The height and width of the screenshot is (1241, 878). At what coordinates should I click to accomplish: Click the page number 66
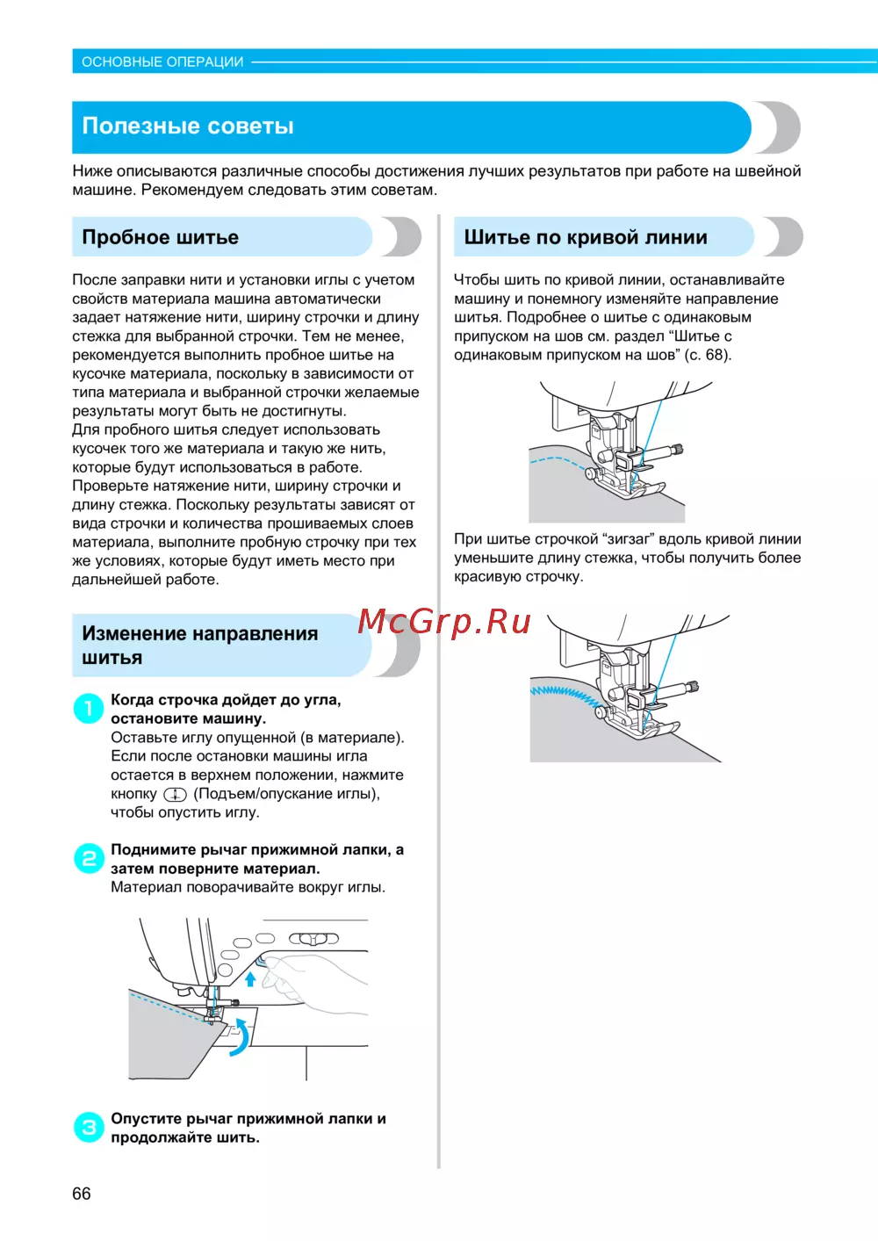coord(82,1194)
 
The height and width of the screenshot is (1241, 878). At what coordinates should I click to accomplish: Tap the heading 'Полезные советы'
coord(188,126)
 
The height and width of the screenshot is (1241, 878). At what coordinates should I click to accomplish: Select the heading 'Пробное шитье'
coord(161,237)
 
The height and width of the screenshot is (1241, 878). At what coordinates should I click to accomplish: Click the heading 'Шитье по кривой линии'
coord(586,237)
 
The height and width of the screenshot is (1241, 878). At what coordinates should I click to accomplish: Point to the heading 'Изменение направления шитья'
coord(199,646)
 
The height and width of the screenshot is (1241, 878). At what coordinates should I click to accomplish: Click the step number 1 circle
coord(89,708)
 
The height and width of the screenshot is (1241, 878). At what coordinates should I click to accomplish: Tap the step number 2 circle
coord(89,858)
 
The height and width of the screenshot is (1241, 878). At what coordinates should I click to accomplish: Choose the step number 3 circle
coord(89,1127)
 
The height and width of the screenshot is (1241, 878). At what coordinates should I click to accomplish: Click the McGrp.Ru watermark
coord(444,622)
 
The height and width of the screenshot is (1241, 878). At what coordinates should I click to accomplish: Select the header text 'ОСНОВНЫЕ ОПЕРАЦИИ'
coord(162,61)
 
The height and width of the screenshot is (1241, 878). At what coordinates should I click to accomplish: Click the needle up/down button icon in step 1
coord(175,794)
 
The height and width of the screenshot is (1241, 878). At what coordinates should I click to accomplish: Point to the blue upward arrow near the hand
coord(250,978)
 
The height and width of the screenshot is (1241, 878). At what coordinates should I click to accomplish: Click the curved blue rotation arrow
coord(240,1037)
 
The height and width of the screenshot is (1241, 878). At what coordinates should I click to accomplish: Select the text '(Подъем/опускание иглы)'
coord(286,794)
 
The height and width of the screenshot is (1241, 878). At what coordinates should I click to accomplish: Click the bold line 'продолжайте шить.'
coord(185,1137)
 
